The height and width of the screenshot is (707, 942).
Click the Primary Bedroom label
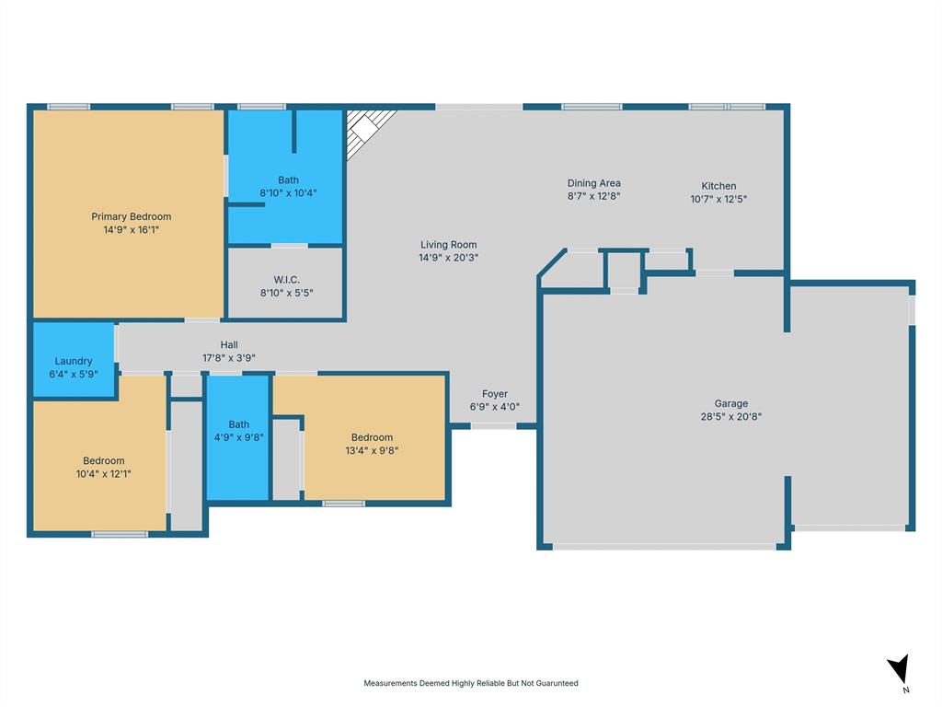[x=131, y=216]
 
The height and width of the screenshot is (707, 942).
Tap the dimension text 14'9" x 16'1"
[x=131, y=230]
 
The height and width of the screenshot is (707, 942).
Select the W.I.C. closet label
[x=287, y=279]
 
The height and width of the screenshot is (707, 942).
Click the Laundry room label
[x=74, y=361]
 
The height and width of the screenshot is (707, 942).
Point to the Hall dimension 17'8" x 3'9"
[x=229, y=358]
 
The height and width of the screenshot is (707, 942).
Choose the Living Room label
[x=448, y=245]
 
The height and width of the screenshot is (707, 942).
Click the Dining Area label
[x=593, y=183]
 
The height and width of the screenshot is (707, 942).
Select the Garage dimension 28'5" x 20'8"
[x=731, y=416]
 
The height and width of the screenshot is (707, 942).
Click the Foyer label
[x=495, y=394]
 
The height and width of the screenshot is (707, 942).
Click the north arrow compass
[x=899, y=670]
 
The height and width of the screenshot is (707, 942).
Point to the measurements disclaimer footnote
[x=471, y=683]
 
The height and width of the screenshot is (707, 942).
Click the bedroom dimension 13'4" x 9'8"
[x=372, y=451]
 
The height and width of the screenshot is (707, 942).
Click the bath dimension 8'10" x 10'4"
[x=288, y=193]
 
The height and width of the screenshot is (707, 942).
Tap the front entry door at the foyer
[x=493, y=425]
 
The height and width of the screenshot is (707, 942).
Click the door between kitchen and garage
[x=714, y=272]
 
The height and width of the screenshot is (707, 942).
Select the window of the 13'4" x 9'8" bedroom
[x=343, y=504]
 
